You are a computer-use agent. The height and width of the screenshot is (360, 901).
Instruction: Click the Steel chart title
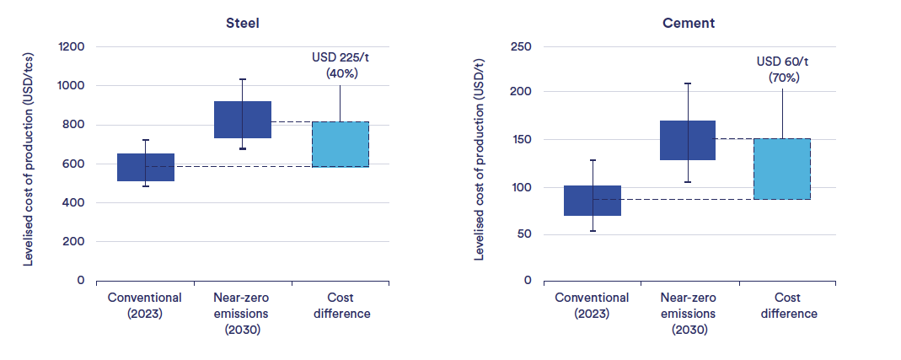coord(243,23)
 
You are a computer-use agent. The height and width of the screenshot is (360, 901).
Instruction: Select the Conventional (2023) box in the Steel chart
coord(145,167)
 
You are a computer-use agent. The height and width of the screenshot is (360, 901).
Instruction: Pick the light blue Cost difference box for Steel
coord(341,144)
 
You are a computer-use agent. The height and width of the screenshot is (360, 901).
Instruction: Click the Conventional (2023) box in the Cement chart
coord(592,201)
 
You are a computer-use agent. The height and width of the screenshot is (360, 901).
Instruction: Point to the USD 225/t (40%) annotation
coord(341,65)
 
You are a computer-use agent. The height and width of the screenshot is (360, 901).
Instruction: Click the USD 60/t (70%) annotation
coord(783,69)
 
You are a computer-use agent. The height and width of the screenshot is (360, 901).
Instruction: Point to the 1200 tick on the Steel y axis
coord(72,47)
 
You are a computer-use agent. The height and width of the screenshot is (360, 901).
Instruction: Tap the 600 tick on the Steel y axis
coord(75,164)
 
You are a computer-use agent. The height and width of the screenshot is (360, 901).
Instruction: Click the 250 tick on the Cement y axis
coord(520,47)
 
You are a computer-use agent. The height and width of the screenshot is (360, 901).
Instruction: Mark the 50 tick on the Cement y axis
coord(523,234)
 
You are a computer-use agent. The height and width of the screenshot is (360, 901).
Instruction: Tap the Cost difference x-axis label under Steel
coord(340,305)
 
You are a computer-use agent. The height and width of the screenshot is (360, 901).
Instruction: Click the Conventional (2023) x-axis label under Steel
coord(145,305)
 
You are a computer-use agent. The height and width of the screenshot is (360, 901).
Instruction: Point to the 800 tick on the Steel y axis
coord(75,125)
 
